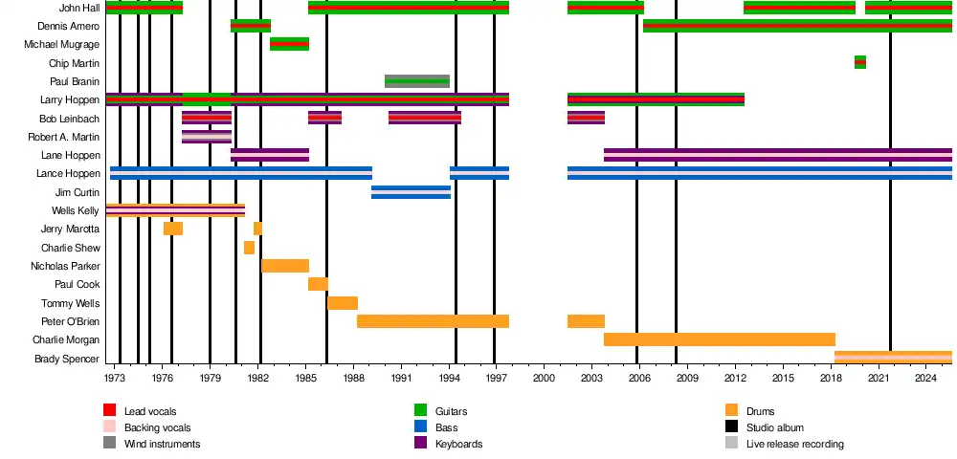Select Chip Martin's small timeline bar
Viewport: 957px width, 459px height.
click(859, 62)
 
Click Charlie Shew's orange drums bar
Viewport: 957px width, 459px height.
click(249, 248)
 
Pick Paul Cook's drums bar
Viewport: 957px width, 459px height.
click(318, 284)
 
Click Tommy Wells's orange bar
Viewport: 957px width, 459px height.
click(342, 303)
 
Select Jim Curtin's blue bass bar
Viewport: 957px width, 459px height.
click(411, 192)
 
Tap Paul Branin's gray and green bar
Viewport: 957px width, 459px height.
click(417, 81)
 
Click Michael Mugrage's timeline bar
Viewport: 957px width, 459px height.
click(289, 44)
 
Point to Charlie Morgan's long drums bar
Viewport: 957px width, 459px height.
click(719, 339)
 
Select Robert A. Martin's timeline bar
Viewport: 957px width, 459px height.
click(206, 137)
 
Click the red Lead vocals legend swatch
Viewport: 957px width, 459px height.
click(109, 411)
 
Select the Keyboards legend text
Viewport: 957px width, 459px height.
click(458, 444)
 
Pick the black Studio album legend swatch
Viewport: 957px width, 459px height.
click(731, 427)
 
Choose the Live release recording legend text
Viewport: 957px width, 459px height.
click(794, 444)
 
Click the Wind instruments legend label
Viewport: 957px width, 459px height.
click(162, 444)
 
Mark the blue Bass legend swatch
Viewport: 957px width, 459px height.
click(419, 427)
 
